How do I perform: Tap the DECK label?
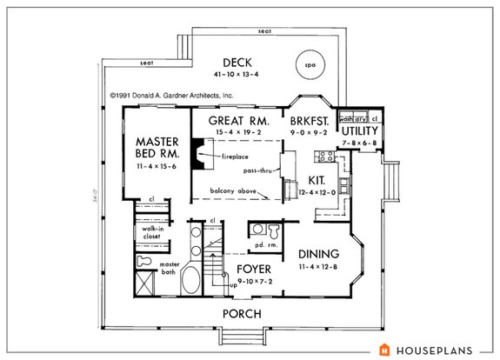click(237, 63)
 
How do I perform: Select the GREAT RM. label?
click(231, 120)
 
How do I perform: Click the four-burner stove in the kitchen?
click(328, 157)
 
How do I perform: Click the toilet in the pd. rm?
click(272, 230)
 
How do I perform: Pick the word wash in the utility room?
click(345, 117)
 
